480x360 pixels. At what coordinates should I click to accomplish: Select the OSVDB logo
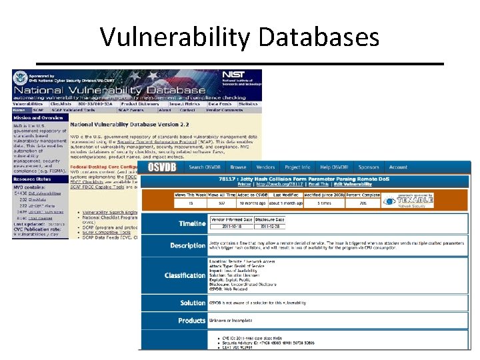162,167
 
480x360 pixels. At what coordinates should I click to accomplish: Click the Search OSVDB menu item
204,167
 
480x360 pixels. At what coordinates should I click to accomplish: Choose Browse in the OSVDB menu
238,167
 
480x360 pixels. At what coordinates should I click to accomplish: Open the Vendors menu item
265,167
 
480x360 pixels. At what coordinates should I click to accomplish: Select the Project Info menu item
297,167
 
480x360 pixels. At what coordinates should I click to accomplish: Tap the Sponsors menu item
368,167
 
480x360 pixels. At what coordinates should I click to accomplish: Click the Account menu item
398,167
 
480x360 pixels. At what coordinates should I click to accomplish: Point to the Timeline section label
192,223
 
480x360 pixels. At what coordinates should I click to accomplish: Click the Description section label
187,245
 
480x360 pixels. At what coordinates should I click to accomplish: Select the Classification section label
185,275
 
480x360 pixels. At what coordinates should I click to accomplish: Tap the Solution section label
193,303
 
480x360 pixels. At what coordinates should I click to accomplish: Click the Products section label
192,321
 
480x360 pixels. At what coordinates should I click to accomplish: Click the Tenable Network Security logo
409,201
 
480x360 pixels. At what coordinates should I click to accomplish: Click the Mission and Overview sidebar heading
37,117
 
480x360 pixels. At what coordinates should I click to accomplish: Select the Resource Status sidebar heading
33,179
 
